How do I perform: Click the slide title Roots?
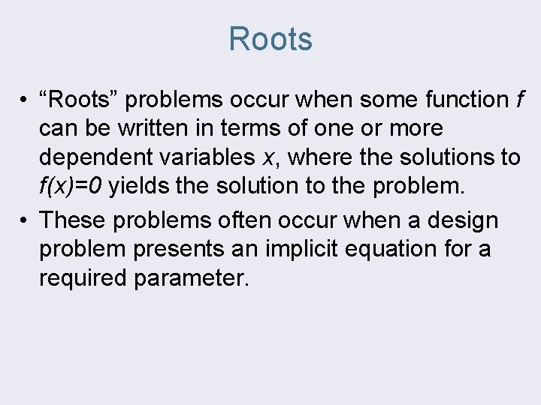point(270,39)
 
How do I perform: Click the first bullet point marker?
point(25,100)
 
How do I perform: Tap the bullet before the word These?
point(25,221)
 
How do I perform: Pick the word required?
point(83,278)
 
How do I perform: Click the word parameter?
point(191,278)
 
